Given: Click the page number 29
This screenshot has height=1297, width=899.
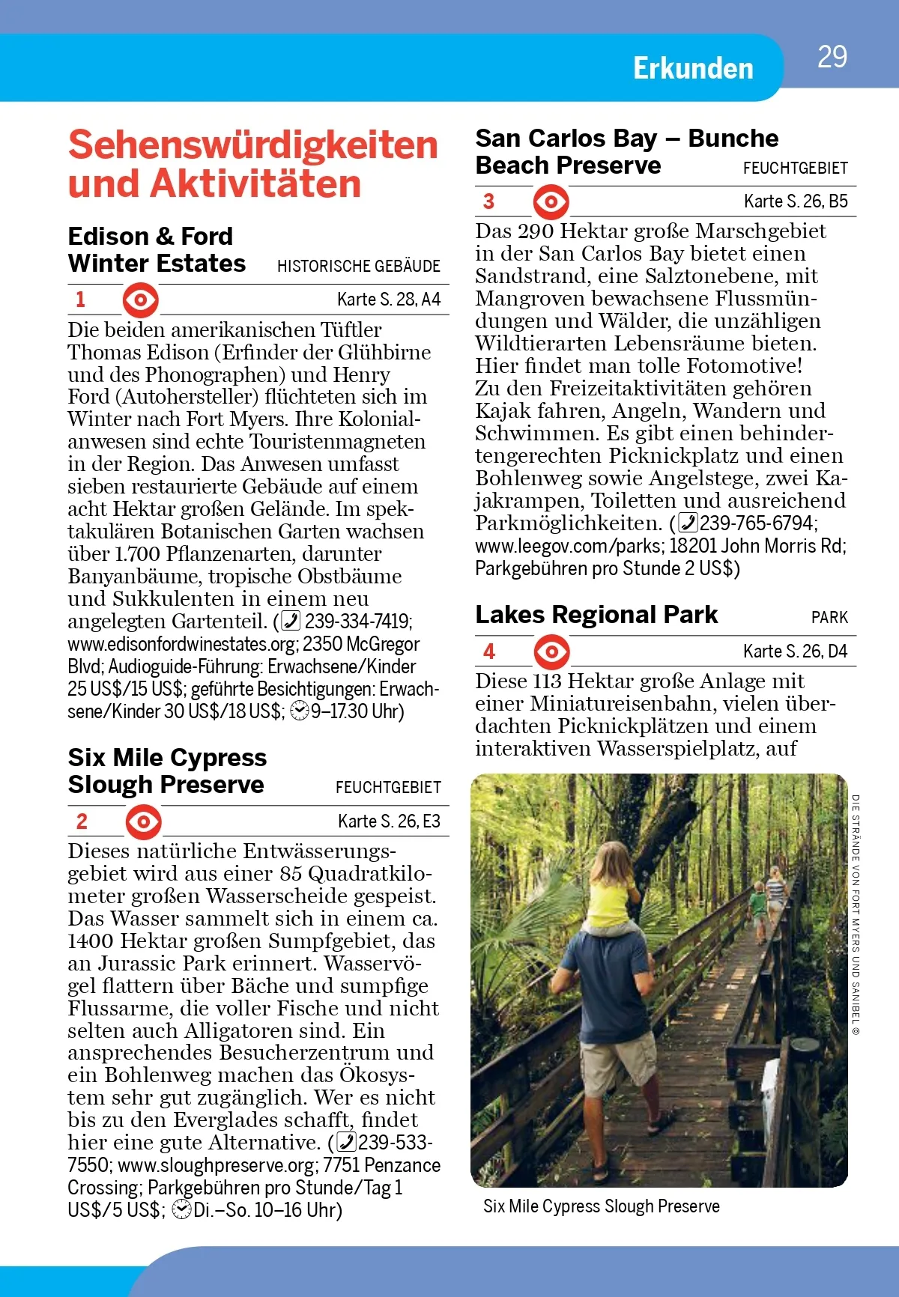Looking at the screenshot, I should pos(832,57).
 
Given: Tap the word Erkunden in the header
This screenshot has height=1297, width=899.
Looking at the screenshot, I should pos(693,68).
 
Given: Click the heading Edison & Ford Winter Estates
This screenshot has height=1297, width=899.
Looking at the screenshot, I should pos(157,250).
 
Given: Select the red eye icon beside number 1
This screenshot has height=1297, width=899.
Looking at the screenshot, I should pos(141,300).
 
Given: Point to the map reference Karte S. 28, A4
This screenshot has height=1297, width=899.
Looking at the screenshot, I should pos(388,300).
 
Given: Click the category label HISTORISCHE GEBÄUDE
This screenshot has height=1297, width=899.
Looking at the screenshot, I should pos(358,266).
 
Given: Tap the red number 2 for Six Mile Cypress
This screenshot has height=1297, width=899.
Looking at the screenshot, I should pos(82,821).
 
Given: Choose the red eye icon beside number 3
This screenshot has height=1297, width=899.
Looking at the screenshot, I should pos(551,202).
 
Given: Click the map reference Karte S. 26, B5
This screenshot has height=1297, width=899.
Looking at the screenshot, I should pos(795,201).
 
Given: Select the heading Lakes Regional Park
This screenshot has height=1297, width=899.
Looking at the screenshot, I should pos(596,615).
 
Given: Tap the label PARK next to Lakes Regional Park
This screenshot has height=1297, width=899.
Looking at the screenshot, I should pos(829,618).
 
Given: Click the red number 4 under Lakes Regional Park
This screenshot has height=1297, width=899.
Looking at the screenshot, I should pos(489,651).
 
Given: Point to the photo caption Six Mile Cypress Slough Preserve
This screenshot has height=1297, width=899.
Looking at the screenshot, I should pos(601,1206).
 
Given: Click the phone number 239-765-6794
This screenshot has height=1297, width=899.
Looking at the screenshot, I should pos(757,523).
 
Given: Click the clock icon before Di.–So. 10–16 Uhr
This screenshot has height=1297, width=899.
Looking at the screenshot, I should pos(181,1210).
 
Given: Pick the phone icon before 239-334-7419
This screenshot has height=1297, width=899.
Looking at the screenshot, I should pos(291,622).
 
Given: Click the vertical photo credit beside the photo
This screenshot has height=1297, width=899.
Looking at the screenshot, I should pos(856,914).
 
